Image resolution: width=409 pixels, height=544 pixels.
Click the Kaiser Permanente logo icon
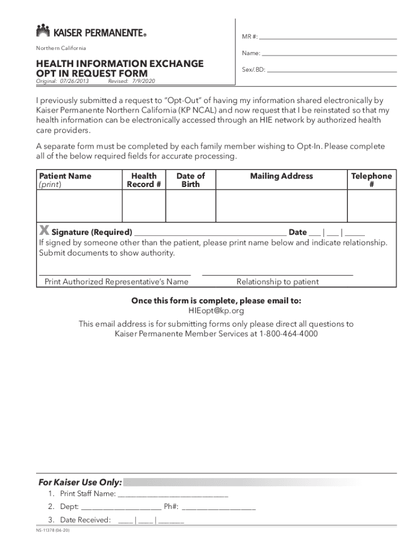[43, 31]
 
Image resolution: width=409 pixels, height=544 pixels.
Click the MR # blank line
[328, 38]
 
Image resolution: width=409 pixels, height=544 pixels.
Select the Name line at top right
[329, 55]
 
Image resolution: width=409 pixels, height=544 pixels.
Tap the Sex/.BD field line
[332, 71]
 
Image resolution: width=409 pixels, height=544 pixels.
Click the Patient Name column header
[65, 176]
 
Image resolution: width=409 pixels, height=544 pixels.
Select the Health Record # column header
[143, 180]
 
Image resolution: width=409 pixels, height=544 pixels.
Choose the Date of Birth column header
[190, 180]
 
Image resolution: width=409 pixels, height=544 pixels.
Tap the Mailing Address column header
[281, 176]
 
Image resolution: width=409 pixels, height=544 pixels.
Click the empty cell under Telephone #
[371, 205]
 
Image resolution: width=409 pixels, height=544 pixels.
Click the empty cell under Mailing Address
[281, 205]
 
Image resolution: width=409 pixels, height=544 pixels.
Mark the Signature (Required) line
[210, 232]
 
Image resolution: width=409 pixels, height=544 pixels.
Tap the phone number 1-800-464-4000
[288, 334]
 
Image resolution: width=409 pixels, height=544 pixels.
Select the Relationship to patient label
[277, 282]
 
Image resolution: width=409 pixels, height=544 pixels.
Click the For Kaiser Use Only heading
[80, 482]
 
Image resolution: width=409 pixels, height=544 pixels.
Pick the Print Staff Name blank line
[173, 494]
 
